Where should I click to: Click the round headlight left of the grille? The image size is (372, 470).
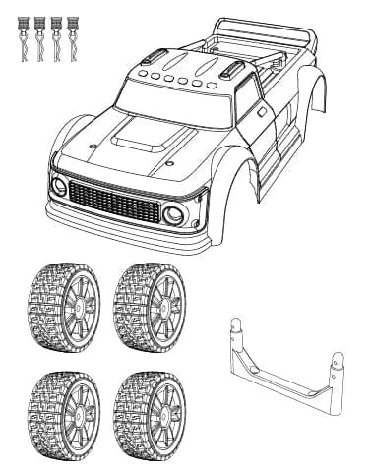pyautogui.click(x=60, y=186)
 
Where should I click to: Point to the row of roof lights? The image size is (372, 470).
pyautogui.click(x=178, y=78)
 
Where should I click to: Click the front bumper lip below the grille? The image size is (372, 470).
pyautogui.click(x=128, y=236)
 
